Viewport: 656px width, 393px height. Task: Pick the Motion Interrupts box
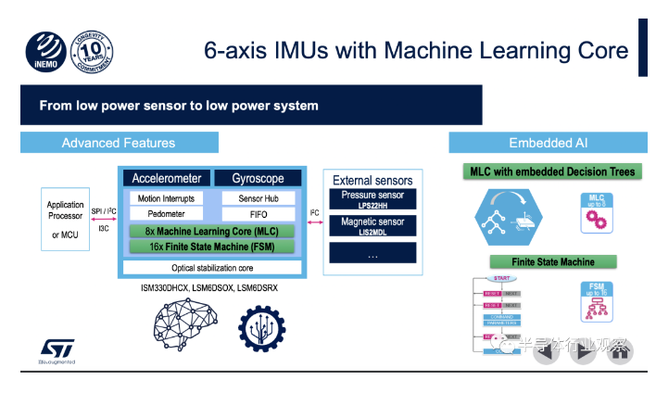[167, 198]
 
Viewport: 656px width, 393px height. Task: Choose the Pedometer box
[167, 214]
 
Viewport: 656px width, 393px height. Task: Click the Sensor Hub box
[259, 198]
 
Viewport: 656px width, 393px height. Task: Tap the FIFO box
[259, 214]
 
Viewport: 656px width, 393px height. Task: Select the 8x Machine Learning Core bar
[212, 231]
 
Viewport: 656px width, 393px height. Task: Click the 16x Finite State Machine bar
[212, 247]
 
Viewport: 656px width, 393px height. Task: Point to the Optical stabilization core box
[212, 267]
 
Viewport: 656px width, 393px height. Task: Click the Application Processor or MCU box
[66, 220]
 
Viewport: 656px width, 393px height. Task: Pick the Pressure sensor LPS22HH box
[370, 199]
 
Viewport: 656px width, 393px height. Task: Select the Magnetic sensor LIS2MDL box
[370, 225]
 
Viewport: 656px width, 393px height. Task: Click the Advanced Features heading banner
[119, 143]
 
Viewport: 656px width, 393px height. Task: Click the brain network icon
[176, 322]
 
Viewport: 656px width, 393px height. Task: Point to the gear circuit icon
[263, 322]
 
